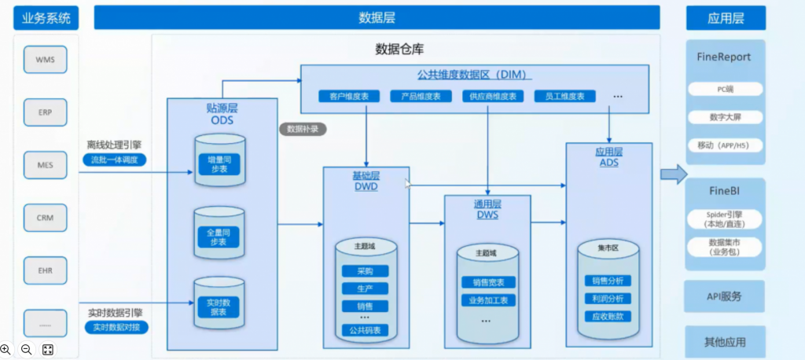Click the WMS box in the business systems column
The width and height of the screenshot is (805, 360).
(45, 59)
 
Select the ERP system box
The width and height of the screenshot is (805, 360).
(45, 112)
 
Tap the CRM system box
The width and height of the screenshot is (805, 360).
(45, 217)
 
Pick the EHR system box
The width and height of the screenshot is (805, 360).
(45, 270)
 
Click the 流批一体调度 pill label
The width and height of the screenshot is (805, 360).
(114, 160)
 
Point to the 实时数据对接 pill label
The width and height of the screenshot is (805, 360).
(114, 326)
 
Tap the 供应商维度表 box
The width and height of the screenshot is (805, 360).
(493, 97)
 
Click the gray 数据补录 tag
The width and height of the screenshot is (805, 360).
(303, 129)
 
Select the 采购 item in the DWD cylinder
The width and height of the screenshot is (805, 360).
(365, 271)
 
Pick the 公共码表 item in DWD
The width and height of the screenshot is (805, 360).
(365, 331)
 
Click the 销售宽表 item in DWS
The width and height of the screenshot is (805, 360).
(487, 282)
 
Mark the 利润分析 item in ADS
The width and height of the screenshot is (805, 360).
(608, 299)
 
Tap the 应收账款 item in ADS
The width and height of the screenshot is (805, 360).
(608, 317)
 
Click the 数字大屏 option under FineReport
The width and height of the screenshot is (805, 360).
(724, 117)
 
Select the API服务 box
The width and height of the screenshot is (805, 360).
(724, 297)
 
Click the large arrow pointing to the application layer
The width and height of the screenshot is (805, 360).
(673, 174)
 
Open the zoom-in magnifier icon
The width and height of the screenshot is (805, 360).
(7, 349)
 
